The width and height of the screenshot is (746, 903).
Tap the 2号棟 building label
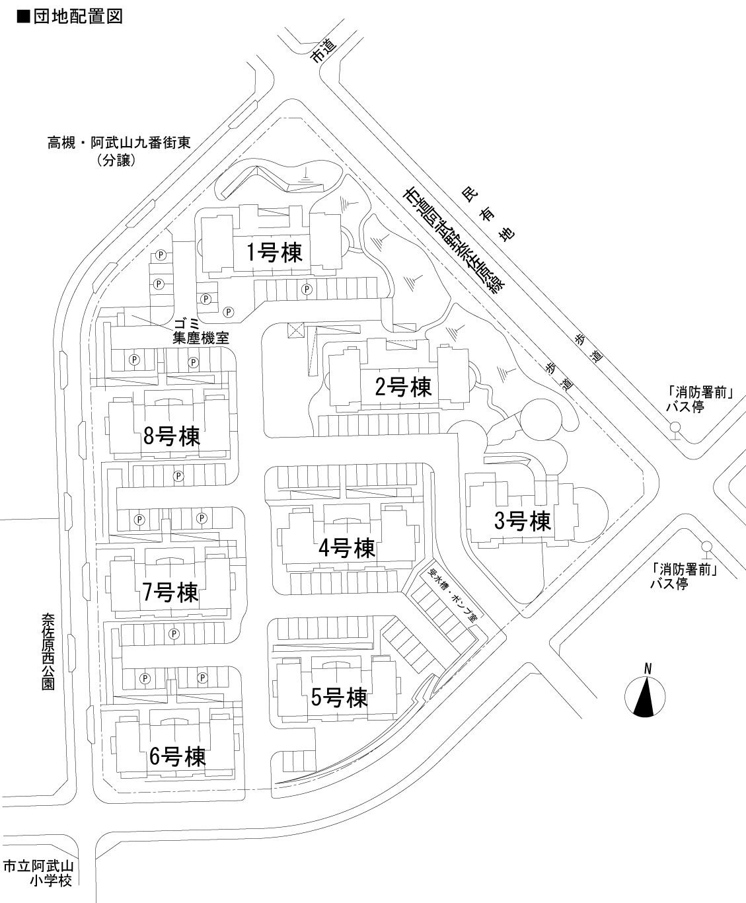[403, 386]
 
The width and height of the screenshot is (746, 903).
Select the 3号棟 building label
[523, 522]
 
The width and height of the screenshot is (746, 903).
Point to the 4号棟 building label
[346, 547]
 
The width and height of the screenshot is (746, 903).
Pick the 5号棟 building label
[339, 697]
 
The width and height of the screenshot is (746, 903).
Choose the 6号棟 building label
[177, 756]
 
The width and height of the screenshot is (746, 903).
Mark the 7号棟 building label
[170, 592]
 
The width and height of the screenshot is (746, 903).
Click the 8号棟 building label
[171, 436]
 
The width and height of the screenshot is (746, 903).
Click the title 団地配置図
[69, 17]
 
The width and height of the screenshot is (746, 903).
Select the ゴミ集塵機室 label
[200, 331]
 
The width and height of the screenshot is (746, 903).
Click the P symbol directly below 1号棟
[307, 289]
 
